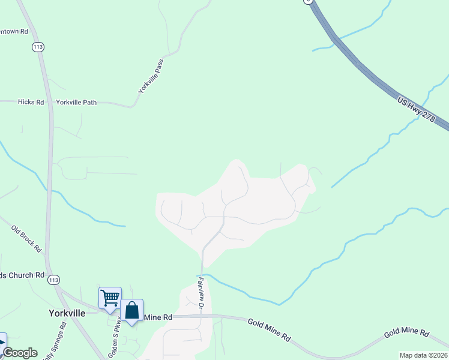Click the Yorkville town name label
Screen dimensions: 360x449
point(66,313)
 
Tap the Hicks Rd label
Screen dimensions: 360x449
point(31,102)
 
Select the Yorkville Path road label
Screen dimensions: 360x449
point(76,103)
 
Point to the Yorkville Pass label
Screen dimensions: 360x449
point(151,76)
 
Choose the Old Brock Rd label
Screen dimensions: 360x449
point(26,238)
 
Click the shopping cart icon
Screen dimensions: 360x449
point(110,298)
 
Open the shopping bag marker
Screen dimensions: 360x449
point(132,310)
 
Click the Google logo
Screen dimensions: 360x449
point(20,353)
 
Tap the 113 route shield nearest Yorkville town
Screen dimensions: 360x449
point(54,280)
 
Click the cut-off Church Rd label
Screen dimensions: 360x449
point(22,275)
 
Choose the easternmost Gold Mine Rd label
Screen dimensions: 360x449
point(407,332)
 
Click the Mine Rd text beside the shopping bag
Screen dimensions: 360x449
point(158,317)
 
